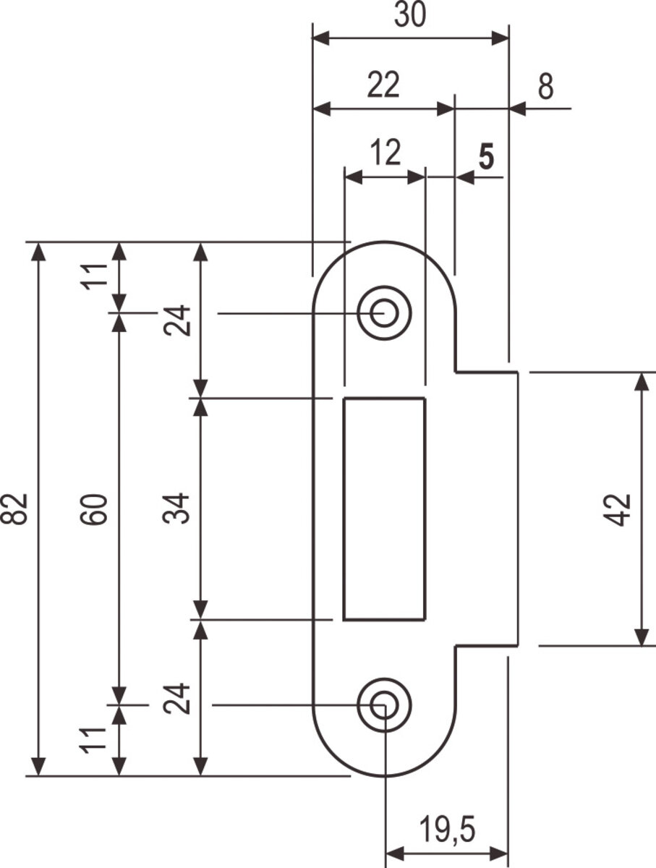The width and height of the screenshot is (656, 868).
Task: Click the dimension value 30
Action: (409, 17)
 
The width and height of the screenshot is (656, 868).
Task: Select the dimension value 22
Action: (383, 86)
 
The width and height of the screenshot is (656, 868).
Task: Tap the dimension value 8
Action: (546, 87)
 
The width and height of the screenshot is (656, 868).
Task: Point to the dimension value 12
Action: (385, 153)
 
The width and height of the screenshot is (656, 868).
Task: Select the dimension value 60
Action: (98, 509)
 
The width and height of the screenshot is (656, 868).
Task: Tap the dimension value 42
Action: (620, 509)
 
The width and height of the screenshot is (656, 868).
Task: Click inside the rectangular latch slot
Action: (384, 509)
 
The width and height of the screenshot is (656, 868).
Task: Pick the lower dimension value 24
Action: (179, 698)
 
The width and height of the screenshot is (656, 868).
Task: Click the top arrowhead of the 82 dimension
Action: (39, 250)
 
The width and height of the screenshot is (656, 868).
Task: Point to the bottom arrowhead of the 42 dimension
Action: (641, 638)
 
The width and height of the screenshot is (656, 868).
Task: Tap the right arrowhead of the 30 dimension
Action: (501, 38)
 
